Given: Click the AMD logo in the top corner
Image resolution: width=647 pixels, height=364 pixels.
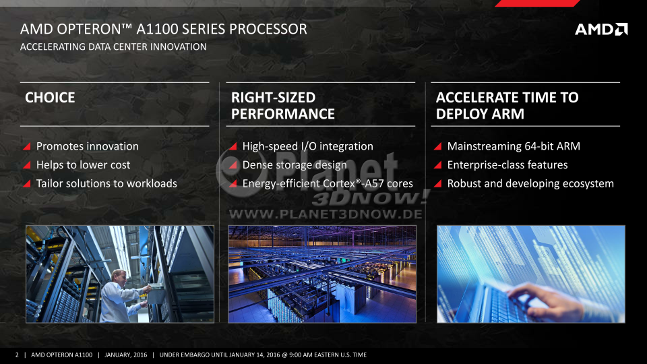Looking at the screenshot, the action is pyautogui.click(x=601, y=29).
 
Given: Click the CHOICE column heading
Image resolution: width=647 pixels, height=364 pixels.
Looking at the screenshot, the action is pyautogui.click(x=50, y=97).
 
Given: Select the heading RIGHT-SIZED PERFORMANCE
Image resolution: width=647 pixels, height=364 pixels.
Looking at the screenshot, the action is pyautogui.click(x=282, y=106).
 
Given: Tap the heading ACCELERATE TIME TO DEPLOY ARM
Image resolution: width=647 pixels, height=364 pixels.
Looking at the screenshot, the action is pyautogui.click(x=507, y=106).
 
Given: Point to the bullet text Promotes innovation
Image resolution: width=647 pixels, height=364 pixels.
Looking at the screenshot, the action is pyautogui.click(x=88, y=146).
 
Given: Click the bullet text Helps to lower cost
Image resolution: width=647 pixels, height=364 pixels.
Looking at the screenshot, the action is pyautogui.click(x=84, y=164).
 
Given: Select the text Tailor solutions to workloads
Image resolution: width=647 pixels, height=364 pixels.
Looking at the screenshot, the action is pyautogui.click(x=106, y=183).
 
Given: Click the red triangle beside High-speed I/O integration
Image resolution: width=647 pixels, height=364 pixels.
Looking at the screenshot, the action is pyautogui.click(x=233, y=146).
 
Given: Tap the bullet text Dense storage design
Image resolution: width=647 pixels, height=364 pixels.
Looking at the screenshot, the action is pyautogui.click(x=295, y=165).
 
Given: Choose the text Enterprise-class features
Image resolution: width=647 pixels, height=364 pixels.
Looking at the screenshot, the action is pyautogui.click(x=507, y=164).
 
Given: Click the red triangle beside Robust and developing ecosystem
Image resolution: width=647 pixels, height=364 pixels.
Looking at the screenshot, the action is pyautogui.click(x=438, y=183).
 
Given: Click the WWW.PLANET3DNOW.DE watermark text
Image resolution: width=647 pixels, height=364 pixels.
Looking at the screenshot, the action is pyautogui.click(x=326, y=214).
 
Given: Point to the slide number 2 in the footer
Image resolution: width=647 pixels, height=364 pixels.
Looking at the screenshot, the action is pyautogui.click(x=17, y=355).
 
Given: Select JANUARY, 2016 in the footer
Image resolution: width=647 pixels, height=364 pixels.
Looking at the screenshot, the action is pyautogui.click(x=126, y=355).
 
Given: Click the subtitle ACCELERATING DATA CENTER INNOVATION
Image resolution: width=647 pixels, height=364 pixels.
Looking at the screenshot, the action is pyautogui.click(x=113, y=47).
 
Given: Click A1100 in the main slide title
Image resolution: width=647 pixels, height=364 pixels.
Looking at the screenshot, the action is pyautogui.click(x=157, y=29).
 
